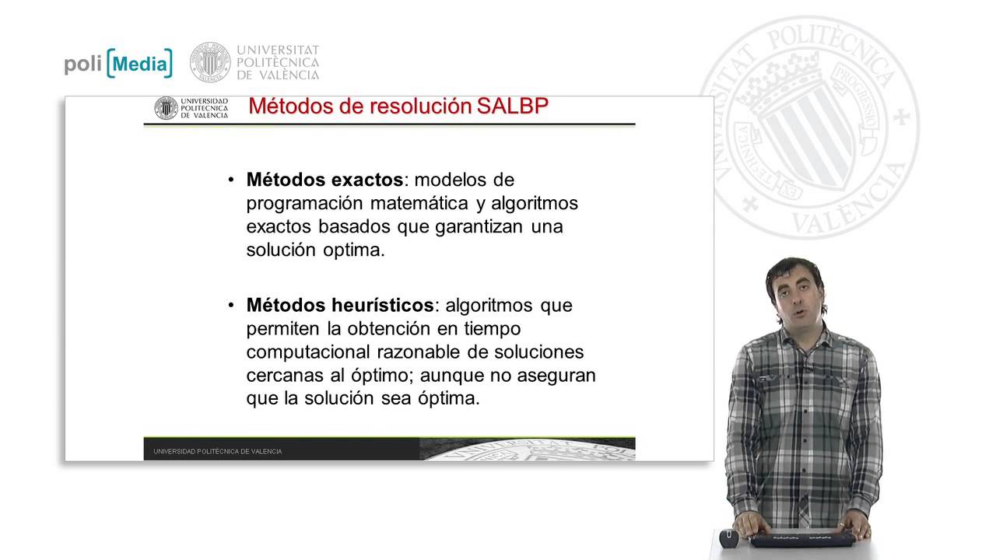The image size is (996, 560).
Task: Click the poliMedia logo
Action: pos(118,64)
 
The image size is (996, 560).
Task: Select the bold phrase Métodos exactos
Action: pos(324,180)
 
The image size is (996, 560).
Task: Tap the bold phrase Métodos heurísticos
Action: pos(340,305)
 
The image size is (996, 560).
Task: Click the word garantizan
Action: pos(474,226)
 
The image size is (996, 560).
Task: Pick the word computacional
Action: pos(310,352)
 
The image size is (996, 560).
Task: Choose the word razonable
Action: pos(425,352)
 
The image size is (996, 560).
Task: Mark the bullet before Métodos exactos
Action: pos(231,180)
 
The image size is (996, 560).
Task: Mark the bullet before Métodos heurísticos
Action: pos(231,306)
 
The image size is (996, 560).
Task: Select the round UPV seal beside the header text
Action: pos(210,62)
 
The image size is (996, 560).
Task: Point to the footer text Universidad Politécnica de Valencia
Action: pos(218,451)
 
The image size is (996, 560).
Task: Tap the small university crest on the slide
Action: pos(166,108)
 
